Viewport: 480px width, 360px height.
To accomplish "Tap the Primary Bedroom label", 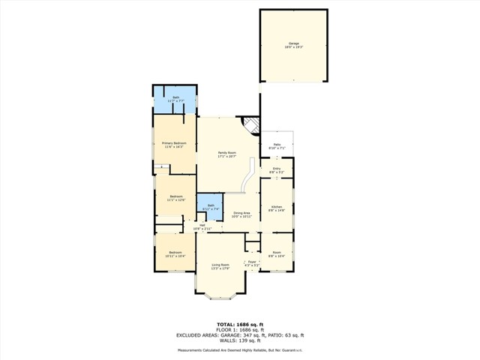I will click(174, 144).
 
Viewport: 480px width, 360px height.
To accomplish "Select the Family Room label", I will click(226, 154).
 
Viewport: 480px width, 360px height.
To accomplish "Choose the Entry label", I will click(276, 170).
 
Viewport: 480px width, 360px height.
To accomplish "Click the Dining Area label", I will click(241, 214).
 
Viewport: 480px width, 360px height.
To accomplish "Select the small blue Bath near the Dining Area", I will click(211, 208).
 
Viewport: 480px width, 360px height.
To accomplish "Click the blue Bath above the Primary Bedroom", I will click(175, 98).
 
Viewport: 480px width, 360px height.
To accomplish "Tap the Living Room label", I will click(220, 266).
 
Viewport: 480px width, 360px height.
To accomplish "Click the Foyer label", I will click(253, 263).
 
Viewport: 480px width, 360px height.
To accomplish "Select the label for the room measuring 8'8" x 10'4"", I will click(277, 254).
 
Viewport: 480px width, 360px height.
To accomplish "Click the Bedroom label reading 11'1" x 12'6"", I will click(175, 198).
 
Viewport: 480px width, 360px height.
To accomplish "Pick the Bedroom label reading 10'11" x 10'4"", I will click(175, 254).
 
